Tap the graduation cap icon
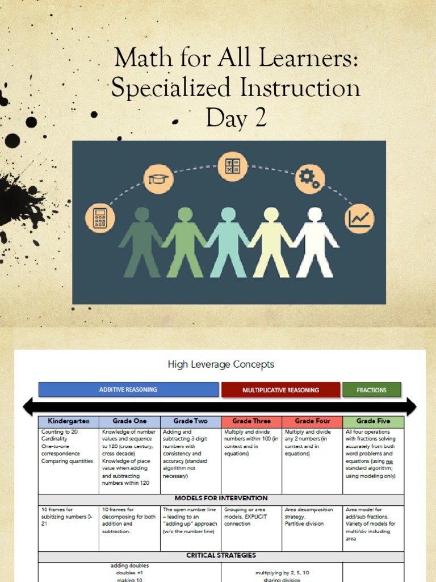point(158,178)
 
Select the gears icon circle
point(309,178)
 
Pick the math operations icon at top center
point(233,167)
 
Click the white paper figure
point(315,242)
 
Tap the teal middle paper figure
point(228,242)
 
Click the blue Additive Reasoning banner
point(128,389)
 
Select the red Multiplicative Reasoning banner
point(280,390)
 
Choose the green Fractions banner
point(371,390)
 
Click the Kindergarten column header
point(68,422)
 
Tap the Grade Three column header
point(251,422)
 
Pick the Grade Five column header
point(374,422)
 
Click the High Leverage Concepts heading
point(221,364)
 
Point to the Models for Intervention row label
point(221,498)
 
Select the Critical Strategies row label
point(221,555)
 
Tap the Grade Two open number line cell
point(190,520)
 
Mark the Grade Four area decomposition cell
point(312,517)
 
